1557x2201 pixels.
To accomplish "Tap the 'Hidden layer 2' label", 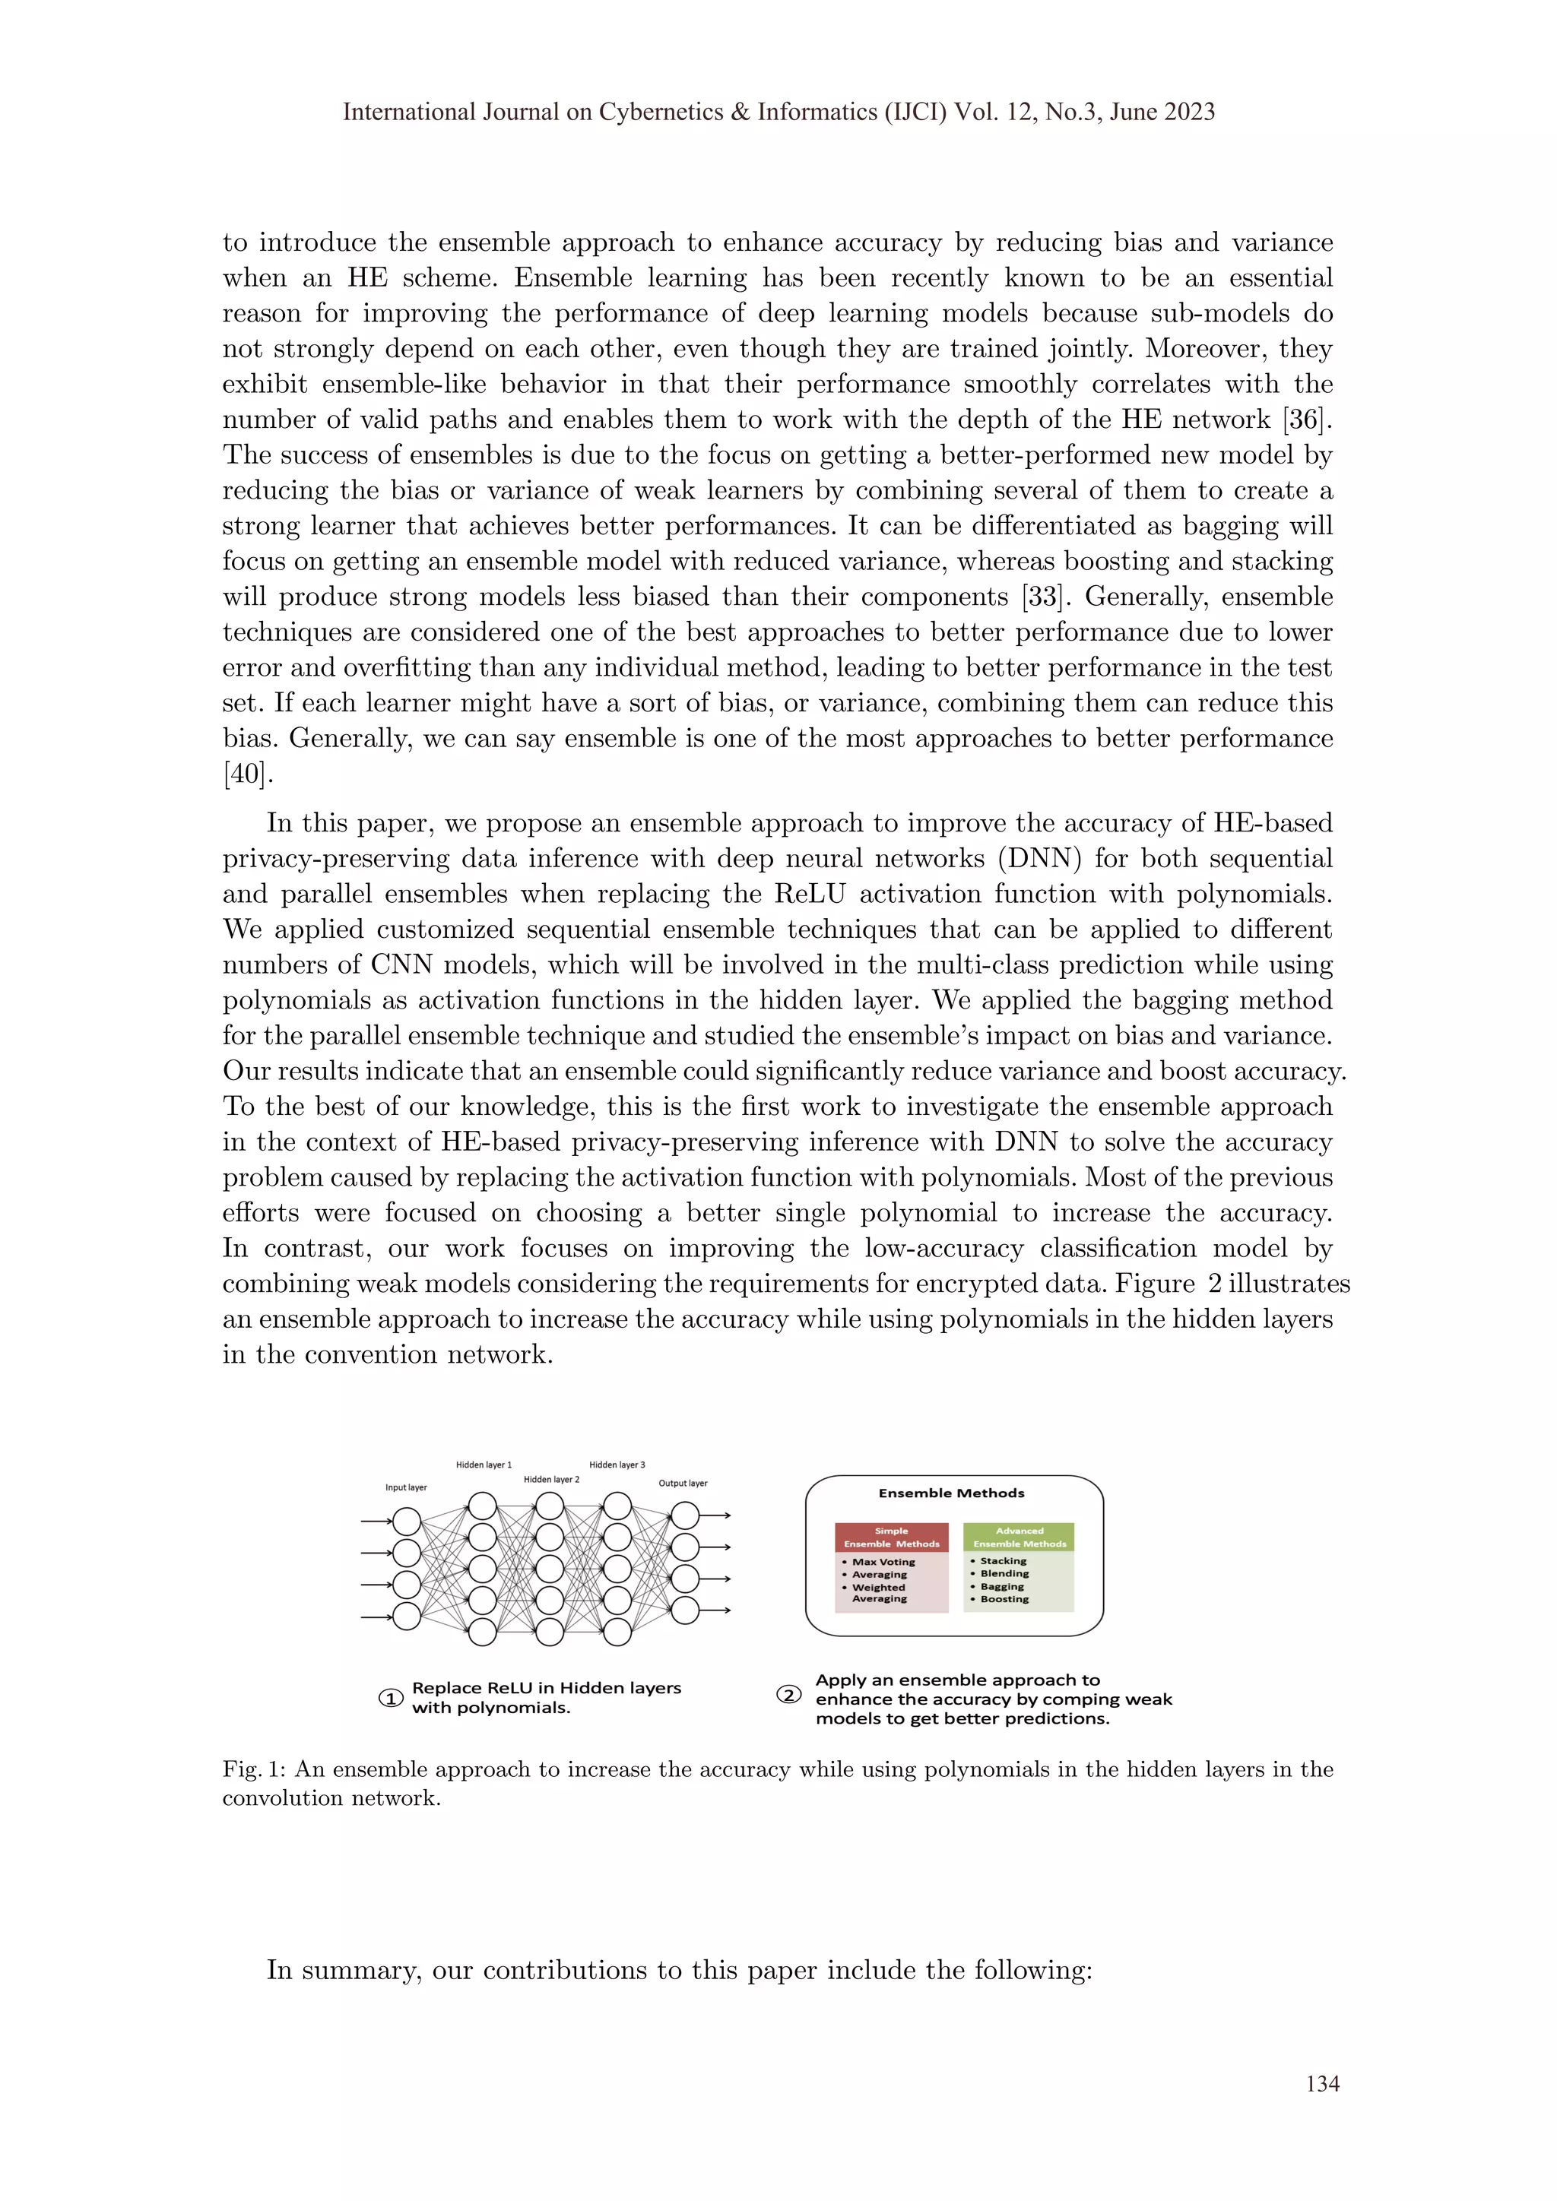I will pos(551,1479).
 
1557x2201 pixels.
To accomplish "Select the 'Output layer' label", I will pos(683,1483).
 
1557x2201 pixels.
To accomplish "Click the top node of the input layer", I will pos(407,1522).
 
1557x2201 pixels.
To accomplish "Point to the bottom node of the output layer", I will pos(684,1610).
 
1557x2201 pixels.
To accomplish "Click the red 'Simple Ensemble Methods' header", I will pos(892,1537).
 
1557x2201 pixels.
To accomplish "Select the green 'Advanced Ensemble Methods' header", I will pos(1020,1537).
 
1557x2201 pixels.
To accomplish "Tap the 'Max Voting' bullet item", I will pos(883,1562).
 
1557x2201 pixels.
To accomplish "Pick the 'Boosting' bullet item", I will pos(1004,1599).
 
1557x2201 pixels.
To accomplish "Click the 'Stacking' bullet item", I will pos(1003,1560).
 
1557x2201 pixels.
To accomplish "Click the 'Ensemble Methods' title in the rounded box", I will pos(951,1493).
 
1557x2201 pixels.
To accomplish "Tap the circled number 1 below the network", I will pos(390,1698).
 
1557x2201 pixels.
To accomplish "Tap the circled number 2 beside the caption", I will pos(788,1694).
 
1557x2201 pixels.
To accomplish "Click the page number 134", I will pos(1322,2083).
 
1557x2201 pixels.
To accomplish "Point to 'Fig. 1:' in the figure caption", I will pos(254,1769).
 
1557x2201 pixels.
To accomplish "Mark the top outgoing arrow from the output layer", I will pos(717,1515).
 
